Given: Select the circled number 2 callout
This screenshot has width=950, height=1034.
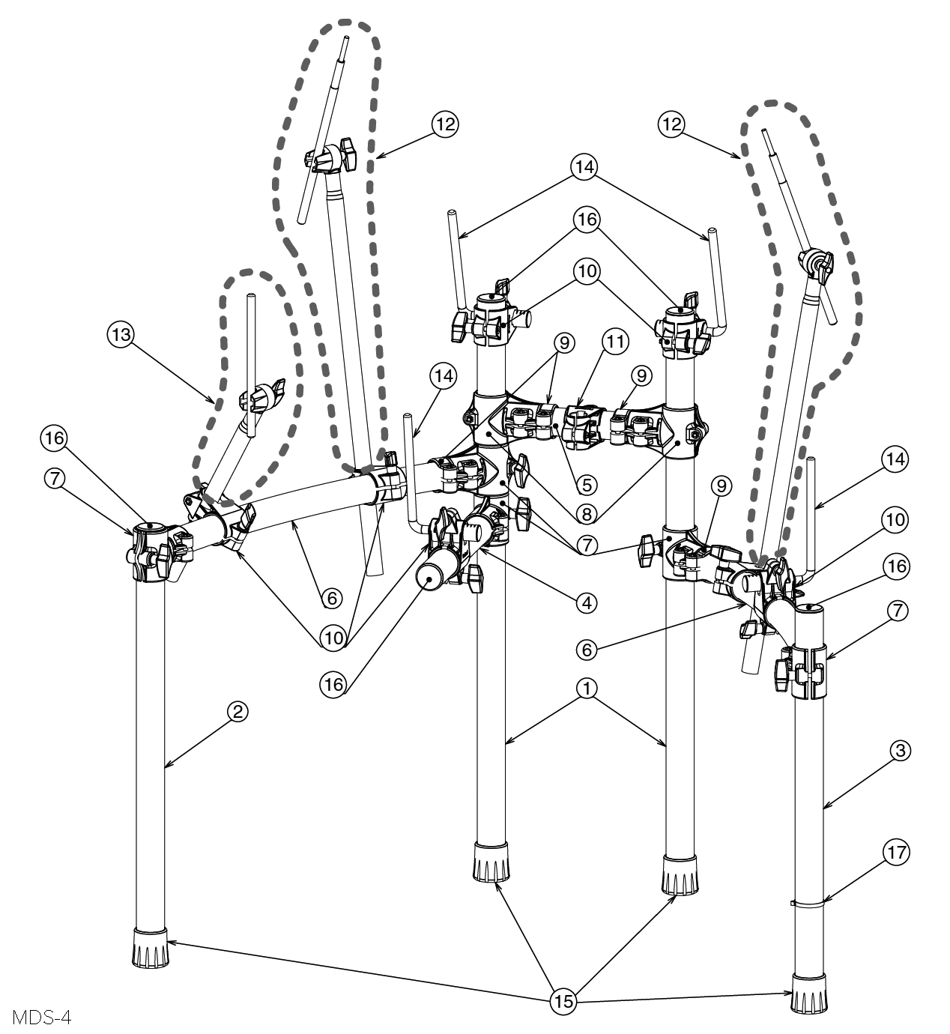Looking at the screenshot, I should click(x=237, y=712).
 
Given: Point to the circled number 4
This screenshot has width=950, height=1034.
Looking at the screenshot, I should click(x=587, y=601).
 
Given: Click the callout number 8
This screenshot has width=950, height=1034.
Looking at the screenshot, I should click(x=587, y=514).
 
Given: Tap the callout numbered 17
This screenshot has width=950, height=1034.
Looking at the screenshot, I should click(x=898, y=852).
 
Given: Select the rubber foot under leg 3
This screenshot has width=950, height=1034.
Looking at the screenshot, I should click(x=810, y=992).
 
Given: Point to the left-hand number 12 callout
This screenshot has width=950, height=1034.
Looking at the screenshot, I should click(x=446, y=124).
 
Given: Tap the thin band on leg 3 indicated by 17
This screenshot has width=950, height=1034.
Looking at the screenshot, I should click(x=809, y=904).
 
